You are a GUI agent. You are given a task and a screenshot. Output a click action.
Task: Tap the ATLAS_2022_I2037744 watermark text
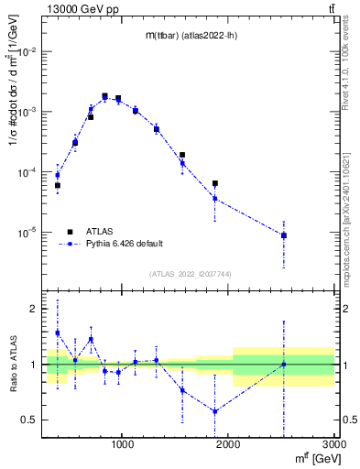click(x=188, y=274)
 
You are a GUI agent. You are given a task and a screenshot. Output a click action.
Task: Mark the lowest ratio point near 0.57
click(x=214, y=411)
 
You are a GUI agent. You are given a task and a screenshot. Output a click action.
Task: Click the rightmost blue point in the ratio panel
click(x=284, y=365)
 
